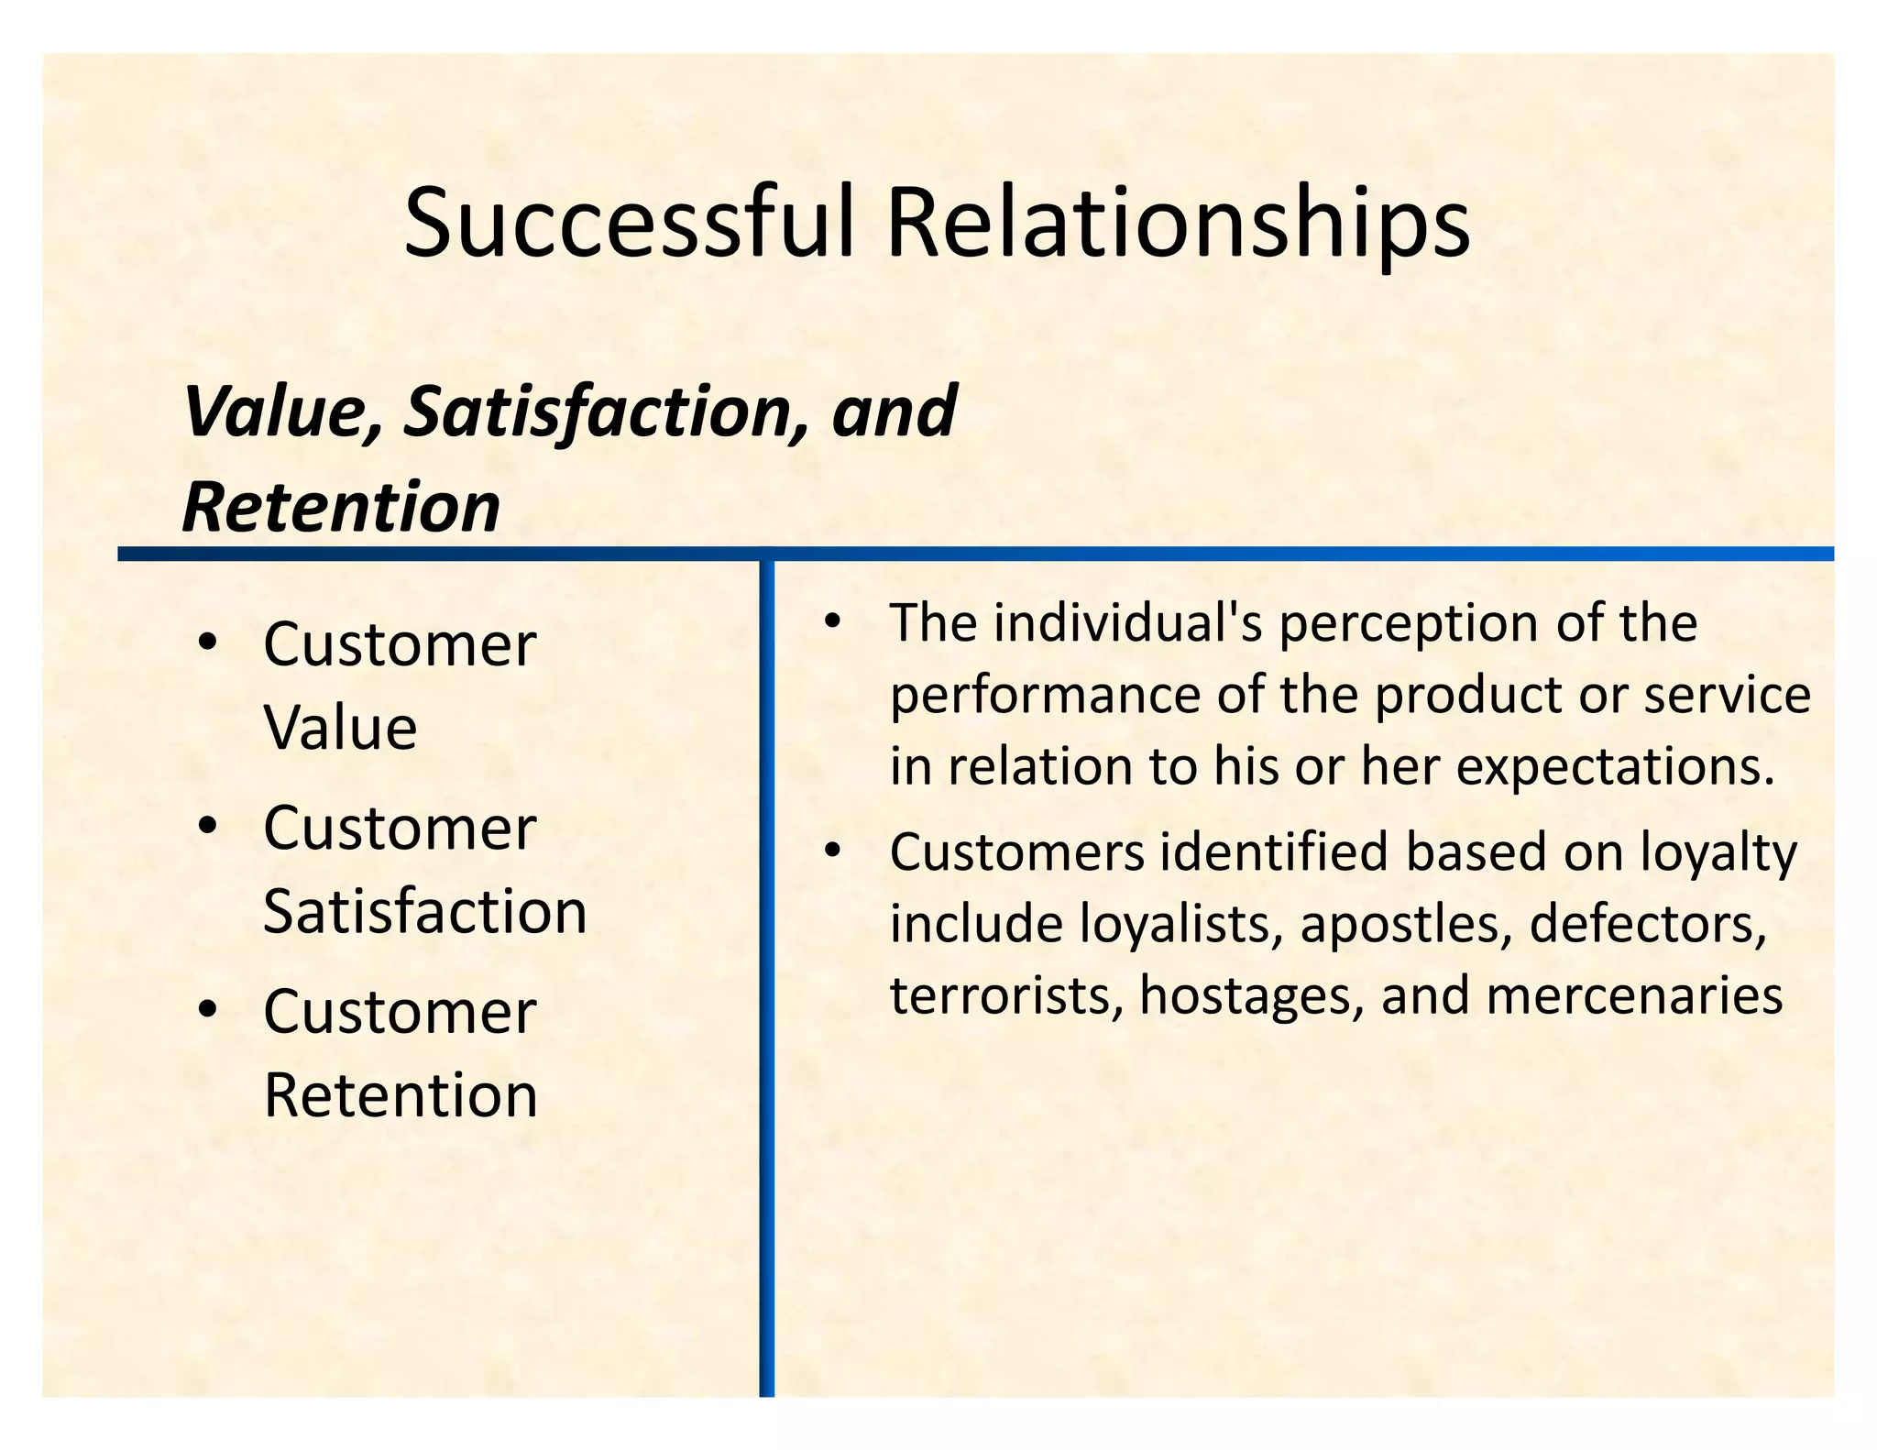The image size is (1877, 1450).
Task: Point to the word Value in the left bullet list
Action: tap(340, 728)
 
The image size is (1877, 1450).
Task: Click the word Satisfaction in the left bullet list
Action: tap(424, 912)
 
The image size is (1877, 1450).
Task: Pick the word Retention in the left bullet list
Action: tap(401, 1095)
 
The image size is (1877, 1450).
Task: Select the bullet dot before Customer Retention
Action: tap(208, 1009)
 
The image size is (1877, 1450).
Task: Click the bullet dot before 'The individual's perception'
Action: tap(831, 621)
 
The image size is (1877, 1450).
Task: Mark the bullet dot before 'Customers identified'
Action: tap(831, 851)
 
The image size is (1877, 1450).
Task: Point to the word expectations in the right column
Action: tap(1615, 767)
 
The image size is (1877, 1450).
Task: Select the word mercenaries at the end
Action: tap(1634, 996)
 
